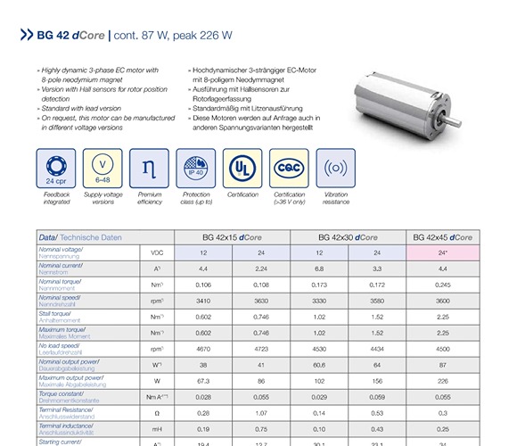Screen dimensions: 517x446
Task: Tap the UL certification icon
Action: point(238,168)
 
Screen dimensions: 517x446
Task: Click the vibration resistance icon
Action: point(336,168)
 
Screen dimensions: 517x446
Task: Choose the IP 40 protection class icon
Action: point(192,168)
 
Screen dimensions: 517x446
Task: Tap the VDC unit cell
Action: point(157,253)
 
